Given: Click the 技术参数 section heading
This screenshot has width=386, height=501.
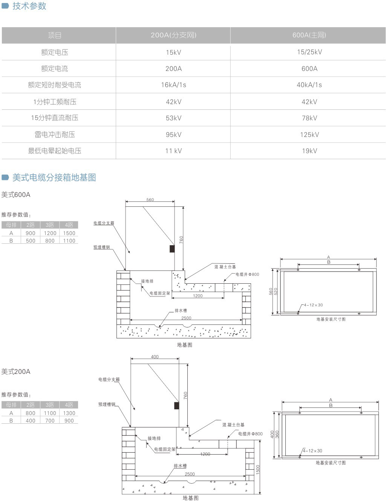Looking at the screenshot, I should pyautogui.click(x=29, y=6).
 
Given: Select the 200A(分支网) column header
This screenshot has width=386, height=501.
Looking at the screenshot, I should pyautogui.click(x=173, y=35).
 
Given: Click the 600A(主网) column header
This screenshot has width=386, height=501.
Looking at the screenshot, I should pyautogui.click(x=309, y=35).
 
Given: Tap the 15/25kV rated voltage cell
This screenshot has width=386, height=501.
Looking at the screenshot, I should pyautogui.click(x=309, y=52).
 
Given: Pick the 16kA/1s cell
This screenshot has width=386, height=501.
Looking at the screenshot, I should pyautogui.click(x=173, y=85).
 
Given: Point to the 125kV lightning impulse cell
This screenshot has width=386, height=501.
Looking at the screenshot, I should pyautogui.click(x=309, y=134).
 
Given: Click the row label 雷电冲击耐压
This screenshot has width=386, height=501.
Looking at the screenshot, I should pyautogui.click(x=55, y=134).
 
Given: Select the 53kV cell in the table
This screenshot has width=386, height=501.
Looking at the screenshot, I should pyautogui.click(x=173, y=118).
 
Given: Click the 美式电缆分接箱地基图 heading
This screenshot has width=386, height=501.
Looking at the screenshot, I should pyautogui.click(x=54, y=177).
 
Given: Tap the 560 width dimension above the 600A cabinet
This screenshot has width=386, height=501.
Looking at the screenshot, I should pyautogui.click(x=150, y=200).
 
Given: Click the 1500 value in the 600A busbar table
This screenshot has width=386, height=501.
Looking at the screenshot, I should pyautogui.click(x=69, y=233).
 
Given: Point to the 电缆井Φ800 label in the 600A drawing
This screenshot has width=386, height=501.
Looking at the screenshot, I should pyautogui.click(x=247, y=274).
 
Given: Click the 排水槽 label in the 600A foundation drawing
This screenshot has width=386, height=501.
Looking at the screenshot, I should pyautogui.click(x=181, y=310).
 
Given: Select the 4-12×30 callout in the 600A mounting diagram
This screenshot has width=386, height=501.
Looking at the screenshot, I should pyautogui.click(x=313, y=305).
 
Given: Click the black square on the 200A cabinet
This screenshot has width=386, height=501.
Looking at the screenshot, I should pyautogui.click(x=176, y=405).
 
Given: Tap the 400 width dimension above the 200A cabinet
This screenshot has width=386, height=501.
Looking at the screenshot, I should pyautogui.click(x=155, y=357).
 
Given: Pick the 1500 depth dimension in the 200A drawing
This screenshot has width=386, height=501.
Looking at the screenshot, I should pyautogui.click(x=258, y=470).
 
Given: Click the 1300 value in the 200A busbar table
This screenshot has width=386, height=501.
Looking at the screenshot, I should pyautogui.click(x=69, y=413).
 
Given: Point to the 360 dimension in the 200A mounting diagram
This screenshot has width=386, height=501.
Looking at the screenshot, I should pyautogui.click(x=277, y=435).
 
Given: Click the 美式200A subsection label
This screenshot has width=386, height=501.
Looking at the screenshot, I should pyautogui.click(x=16, y=372).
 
